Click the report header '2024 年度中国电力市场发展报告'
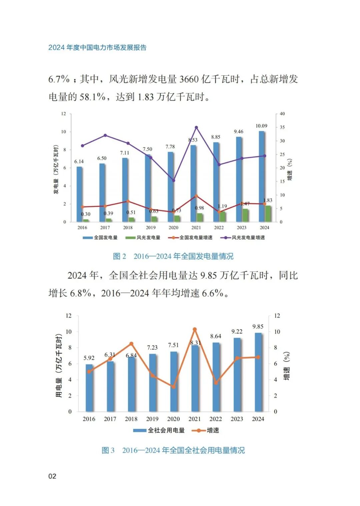(97, 47)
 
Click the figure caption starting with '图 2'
(173, 256)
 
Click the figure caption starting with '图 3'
(173, 450)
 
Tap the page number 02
(52, 476)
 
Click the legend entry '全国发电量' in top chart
(100, 237)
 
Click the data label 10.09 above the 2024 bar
(261, 126)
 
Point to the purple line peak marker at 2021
(196, 127)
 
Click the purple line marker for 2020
(173, 180)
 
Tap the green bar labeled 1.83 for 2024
(268, 214)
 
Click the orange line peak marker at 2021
(195, 330)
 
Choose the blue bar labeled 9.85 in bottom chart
(258, 372)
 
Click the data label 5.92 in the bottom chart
(89, 358)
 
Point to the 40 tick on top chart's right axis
(282, 114)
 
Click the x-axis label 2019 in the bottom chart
(152, 419)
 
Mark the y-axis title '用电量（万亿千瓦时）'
(59, 365)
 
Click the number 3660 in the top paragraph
(190, 79)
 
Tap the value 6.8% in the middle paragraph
(80, 293)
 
